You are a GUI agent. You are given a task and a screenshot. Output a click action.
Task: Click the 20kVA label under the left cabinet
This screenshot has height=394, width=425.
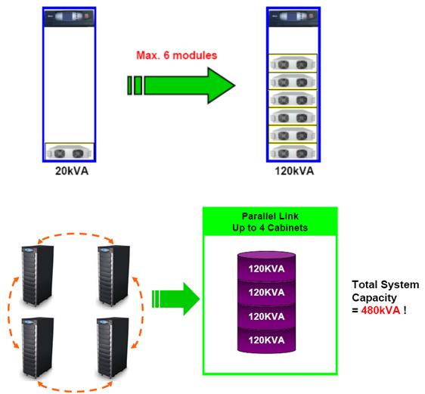[72, 171]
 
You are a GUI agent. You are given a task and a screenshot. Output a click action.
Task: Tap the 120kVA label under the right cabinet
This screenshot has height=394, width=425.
[294, 171]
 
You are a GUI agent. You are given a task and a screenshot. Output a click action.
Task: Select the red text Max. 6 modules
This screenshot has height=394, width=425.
[176, 55]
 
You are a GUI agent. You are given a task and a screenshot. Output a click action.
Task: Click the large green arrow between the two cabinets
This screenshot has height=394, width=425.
[181, 85]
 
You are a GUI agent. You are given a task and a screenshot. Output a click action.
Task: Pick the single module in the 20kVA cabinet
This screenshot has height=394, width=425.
[70, 151]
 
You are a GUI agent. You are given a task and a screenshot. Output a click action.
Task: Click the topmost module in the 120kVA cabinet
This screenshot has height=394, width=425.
[293, 63]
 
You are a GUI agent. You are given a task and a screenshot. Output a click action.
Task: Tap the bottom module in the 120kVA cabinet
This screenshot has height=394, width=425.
[293, 152]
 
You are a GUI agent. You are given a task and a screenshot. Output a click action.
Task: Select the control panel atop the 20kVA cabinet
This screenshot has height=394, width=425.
[70, 18]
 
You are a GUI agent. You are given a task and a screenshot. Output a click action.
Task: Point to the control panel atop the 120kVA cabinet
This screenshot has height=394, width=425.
[293, 18]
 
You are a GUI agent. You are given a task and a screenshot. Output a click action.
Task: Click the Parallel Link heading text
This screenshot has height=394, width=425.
[270, 216]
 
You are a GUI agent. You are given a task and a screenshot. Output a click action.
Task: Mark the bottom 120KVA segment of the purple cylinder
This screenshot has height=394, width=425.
[266, 340]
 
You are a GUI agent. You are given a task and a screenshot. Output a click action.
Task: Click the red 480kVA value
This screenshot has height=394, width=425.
[380, 310]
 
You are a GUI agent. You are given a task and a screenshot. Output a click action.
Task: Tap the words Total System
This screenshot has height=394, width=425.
[386, 285]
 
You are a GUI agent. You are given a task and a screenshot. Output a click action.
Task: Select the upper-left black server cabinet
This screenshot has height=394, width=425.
[38, 275]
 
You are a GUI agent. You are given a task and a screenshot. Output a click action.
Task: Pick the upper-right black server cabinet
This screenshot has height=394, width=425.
[113, 275]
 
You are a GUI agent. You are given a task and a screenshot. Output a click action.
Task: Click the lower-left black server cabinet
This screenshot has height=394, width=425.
[38, 347]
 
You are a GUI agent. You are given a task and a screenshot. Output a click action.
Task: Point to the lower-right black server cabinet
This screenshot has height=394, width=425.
[113, 347]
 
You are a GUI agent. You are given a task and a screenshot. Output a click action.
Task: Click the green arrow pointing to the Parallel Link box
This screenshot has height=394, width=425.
[175, 299]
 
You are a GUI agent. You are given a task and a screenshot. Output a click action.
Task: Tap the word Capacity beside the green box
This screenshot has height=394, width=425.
[374, 298]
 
